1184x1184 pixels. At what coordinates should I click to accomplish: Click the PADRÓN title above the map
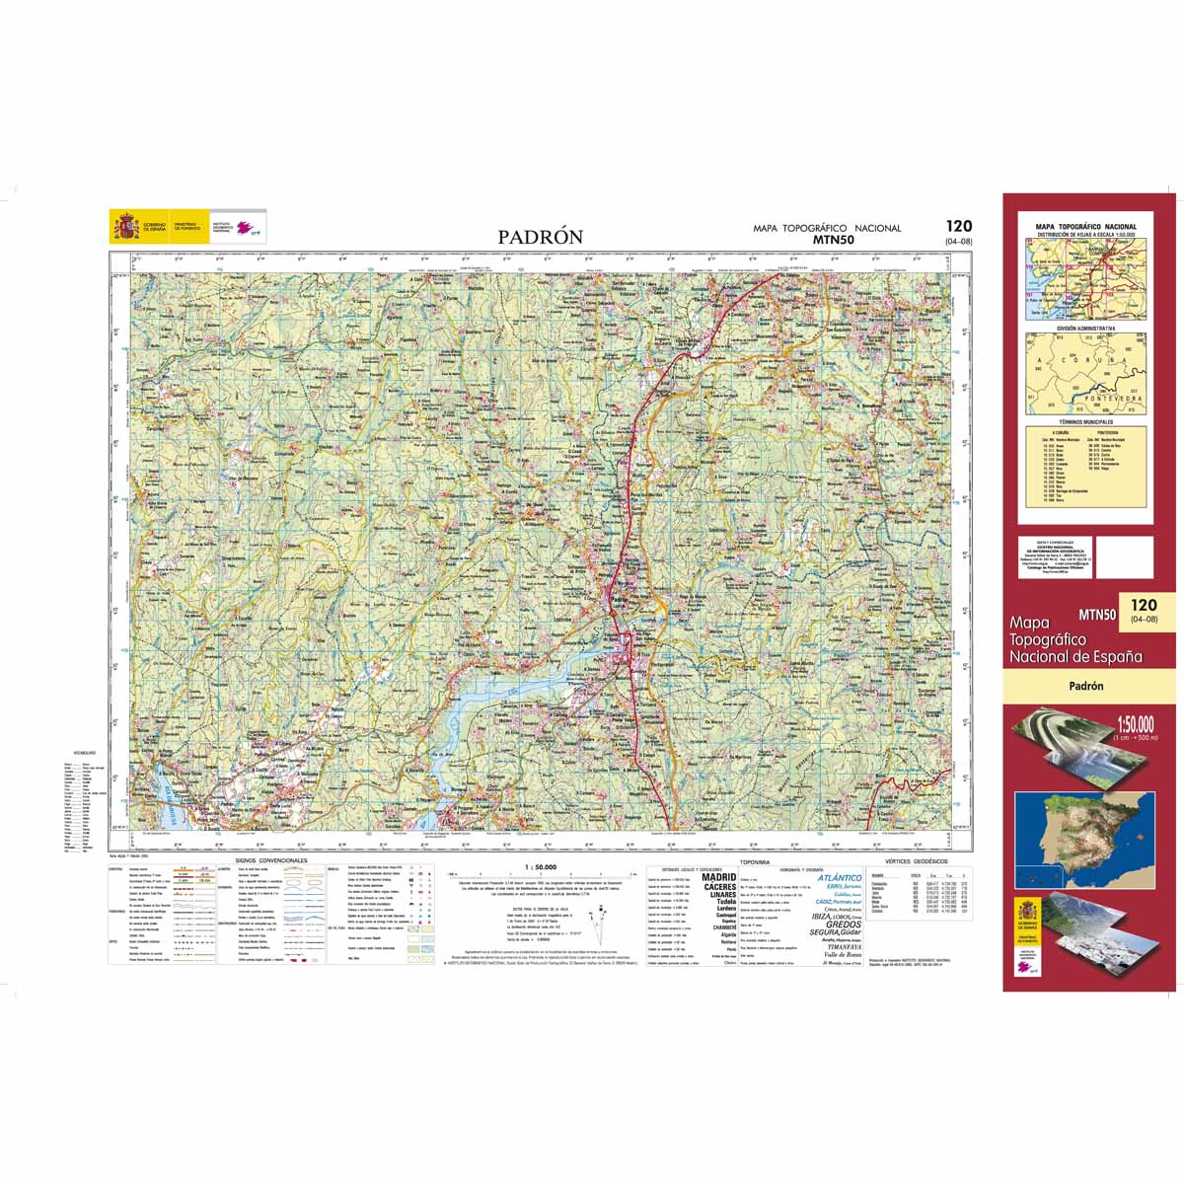540,237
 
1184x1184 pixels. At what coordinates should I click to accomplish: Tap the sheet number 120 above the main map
957,226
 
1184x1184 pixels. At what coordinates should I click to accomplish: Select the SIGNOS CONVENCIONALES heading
271,860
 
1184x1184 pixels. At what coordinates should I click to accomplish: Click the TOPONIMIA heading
754,861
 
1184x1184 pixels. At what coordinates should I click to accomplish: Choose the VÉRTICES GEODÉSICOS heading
917,861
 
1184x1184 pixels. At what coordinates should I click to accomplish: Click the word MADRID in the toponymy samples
718,876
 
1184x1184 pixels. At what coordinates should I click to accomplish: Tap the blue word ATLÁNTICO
840,877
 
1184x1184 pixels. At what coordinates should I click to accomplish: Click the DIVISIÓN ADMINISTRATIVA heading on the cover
1085,328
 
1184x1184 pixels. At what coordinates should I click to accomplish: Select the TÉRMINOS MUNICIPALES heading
1085,419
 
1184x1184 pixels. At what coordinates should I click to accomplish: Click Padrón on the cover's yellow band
1085,686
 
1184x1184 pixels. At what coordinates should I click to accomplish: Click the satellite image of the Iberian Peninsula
1084,839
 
